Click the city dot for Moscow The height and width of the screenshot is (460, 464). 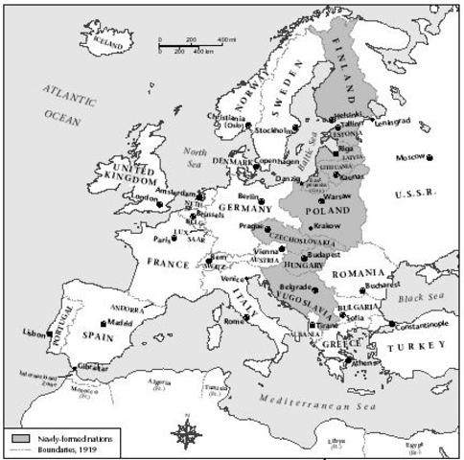430,157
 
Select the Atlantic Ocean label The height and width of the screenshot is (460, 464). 68,101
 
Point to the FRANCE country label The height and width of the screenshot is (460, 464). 165,262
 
